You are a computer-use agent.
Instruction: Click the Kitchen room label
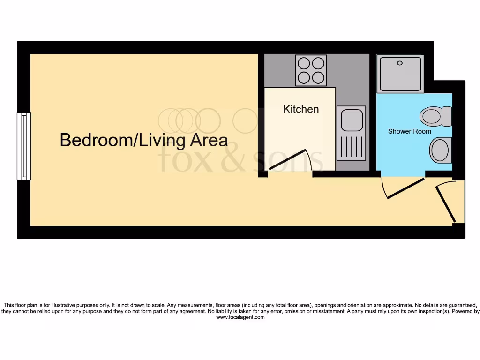(x=301, y=109)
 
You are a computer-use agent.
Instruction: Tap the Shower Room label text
(x=409, y=131)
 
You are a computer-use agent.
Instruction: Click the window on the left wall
(x=24, y=146)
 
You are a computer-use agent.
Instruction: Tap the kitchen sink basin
(x=351, y=120)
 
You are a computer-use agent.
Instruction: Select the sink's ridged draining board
(x=351, y=147)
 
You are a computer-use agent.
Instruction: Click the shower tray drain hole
(x=400, y=63)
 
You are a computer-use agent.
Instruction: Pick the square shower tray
(x=401, y=73)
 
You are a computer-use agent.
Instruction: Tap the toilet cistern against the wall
(x=447, y=116)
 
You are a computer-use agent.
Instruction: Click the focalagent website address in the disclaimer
(x=240, y=317)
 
